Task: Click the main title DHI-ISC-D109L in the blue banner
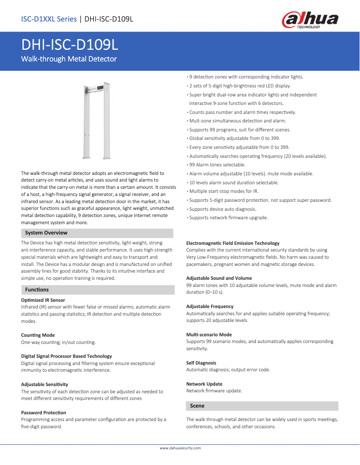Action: (70, 45)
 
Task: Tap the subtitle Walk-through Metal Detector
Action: (69, 59)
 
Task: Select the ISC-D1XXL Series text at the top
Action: (49, 19)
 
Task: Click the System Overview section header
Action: (46, 233)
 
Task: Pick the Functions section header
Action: (37, 290)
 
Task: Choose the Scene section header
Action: (197, 406)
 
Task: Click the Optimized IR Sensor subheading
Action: (43, 300)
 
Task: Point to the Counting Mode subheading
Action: (38, 335)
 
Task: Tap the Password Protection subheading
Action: (44, 413)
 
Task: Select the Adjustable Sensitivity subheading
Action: (44, 384)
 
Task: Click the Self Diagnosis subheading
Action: (201, 363)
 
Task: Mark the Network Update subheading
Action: (204, 384)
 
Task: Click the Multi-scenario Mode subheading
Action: (209, 335)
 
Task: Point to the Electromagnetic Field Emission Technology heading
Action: (233, 243)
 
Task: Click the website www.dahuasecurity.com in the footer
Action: (180, 448)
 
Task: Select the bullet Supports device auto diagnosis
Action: (223, 209)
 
